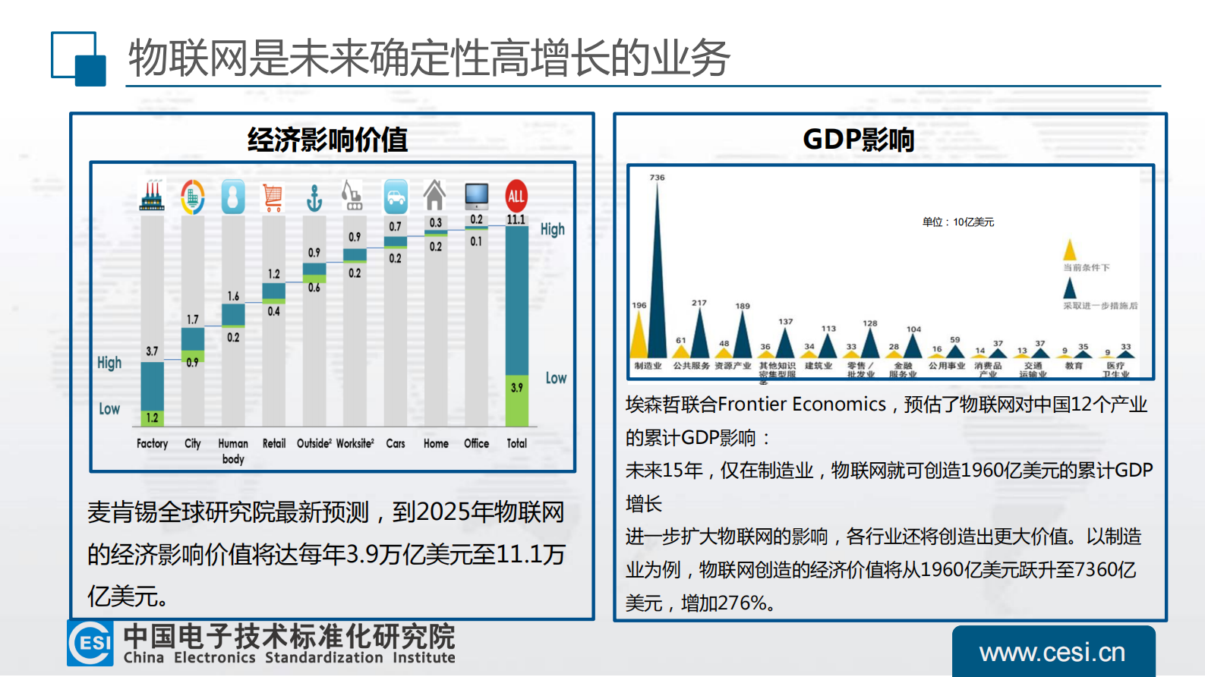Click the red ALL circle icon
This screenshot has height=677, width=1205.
point(516,196)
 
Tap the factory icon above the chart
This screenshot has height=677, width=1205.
point(152,196)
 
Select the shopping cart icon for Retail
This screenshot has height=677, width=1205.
point(273,197)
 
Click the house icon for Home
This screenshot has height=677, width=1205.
point(435,196)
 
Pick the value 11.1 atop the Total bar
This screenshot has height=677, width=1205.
point(516,219)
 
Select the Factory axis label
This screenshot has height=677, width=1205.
point(152,443)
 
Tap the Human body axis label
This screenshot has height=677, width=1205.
point(233,451)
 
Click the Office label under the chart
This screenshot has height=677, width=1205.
point(476,443)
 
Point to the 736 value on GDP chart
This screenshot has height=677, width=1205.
point(657,178)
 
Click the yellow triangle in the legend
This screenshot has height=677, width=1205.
point(1070,250)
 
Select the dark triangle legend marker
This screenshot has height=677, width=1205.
point(1070,288)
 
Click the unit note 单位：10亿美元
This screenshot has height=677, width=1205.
point(957,222)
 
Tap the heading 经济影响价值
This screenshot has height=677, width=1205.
point(327,140)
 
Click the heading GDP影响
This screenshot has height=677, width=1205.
point(858,140)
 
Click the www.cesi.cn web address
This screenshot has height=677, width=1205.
point(1052,653)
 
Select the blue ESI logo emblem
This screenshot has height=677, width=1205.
point(90,643)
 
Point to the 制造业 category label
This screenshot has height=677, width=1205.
point(648,366)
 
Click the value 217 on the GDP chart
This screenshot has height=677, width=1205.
point(699,303)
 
